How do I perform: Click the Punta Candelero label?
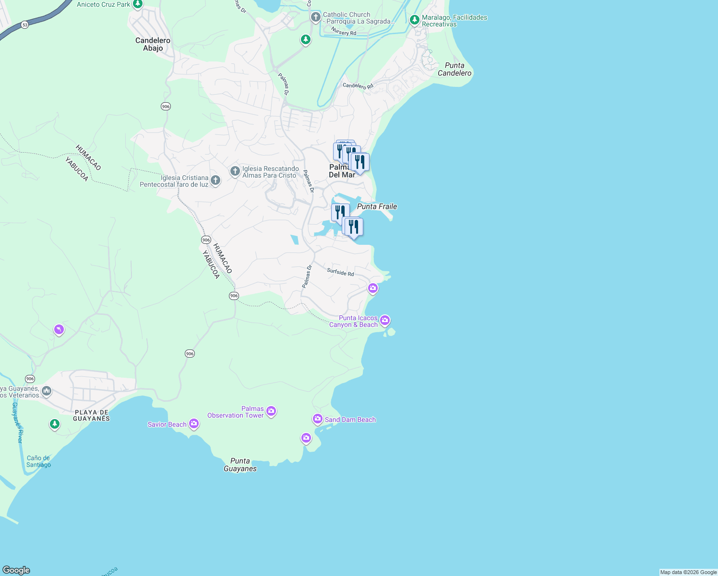[x=454, y=69]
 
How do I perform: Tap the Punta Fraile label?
[x=377, y=206]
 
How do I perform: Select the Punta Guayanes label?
[x=240, y=465]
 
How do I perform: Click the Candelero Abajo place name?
[x=153, y=44]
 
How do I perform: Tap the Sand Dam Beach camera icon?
[x=317, y=419]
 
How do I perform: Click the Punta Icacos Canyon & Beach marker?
[x=384, y=320]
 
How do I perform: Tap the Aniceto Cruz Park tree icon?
[x=138, y=4]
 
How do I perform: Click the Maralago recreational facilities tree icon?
[x=415, y=20]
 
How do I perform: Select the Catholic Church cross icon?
[x=315, y=17]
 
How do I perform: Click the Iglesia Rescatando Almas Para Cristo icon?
[x=235, y=171]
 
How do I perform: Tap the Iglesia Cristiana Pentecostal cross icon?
[x=215, y=180]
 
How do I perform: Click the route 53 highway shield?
[x=24, y=24]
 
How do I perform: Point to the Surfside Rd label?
[x=340, y=272]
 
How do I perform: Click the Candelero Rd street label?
[x=358, y=86]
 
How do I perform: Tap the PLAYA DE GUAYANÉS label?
[x=91, y=415]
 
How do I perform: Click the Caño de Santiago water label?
[x=38, y=461]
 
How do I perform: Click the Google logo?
[x=16, y=570]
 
